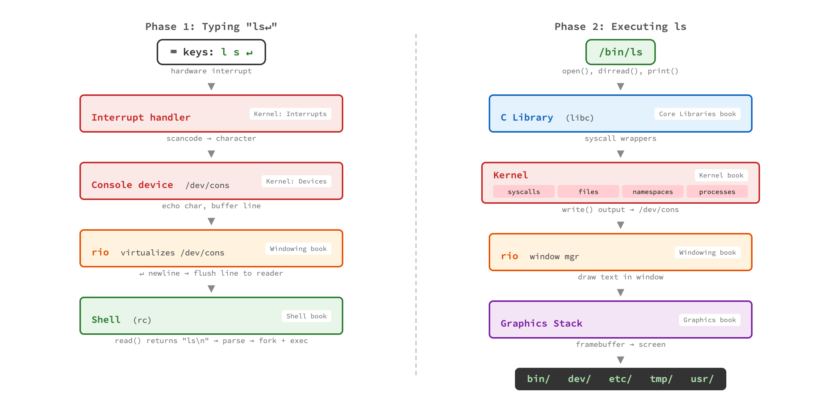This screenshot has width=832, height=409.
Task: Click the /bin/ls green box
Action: point(620,52)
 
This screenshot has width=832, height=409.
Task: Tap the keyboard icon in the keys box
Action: point(174,52)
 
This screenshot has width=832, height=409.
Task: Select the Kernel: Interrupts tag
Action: point(290,114)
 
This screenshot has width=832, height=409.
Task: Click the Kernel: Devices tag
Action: point(296,181)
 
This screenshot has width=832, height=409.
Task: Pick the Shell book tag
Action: point(306,316)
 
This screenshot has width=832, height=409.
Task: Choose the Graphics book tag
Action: point(709,320)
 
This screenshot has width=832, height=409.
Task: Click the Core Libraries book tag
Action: point(697,114)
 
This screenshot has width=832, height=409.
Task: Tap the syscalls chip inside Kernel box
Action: point(524,192)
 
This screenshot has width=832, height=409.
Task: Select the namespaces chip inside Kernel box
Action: point(652,192)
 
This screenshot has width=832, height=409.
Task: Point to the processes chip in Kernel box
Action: point(717,192)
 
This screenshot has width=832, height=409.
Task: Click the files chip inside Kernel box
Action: point(588,192)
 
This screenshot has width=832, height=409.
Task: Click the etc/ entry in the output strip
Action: point(620,379)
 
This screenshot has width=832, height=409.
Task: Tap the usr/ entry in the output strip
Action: point(702,379)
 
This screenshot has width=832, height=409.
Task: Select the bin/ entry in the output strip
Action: point(538,379)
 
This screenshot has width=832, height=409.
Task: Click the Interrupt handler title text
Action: point(141,118)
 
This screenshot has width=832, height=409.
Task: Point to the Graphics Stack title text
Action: point(541,324)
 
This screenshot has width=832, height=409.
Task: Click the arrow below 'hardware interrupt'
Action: point(211,87)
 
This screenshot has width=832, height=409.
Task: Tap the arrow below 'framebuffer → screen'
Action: point(621,360)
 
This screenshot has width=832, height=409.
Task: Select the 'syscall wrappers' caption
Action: point(620,139)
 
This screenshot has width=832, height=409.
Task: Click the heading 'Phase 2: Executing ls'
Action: point(620,27)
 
